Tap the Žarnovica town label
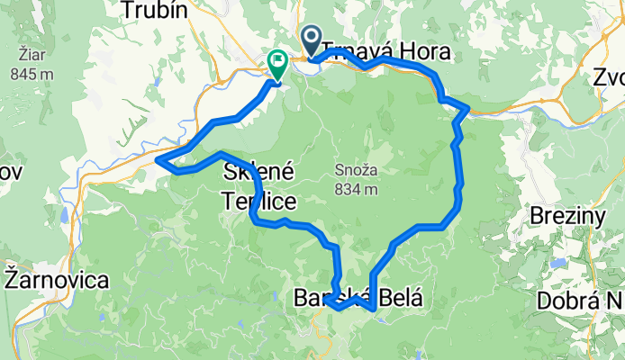pyautogui.click(x=56, y=279)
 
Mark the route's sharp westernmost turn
pyautogui.click(x=159, y=160)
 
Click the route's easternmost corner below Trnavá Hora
pyautogui.click(x=467, y=110)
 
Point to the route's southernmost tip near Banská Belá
pyautogui.click(x=373, y=309)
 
